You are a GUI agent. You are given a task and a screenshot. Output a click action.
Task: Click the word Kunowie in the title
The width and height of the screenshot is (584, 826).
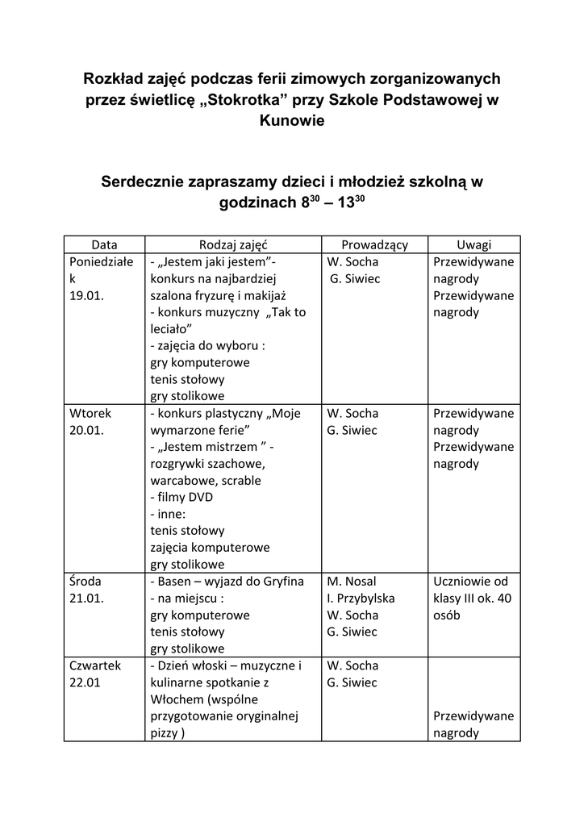pos(292,121)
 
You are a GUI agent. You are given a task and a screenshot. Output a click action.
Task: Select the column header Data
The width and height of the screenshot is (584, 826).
pos(104,244)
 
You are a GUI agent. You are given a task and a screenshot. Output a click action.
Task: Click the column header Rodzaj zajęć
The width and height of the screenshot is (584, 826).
pos(233,244)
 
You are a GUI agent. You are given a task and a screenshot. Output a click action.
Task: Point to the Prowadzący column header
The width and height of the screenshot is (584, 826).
pos(374,244)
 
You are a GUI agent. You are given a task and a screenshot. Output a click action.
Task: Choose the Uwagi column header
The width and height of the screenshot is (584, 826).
pos(473,244)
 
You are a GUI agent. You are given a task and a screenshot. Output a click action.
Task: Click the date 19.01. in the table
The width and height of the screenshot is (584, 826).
pos(87,295)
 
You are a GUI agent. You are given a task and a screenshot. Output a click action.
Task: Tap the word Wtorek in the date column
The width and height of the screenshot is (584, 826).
pos(90,413)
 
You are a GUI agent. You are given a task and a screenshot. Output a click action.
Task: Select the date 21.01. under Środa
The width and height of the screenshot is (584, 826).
pos(86,599)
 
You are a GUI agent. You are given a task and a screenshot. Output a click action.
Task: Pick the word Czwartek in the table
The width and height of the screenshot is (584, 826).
pos(95,665)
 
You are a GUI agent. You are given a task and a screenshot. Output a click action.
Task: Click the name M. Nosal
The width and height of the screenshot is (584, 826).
pos(352,581)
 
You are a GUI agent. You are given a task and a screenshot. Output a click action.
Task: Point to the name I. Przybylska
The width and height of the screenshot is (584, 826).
pos(361,598)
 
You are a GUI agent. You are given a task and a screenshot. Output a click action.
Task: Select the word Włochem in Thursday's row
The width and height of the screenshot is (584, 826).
pos(177,699)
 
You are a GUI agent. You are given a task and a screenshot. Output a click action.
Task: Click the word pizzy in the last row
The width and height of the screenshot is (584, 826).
pos(165,733)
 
